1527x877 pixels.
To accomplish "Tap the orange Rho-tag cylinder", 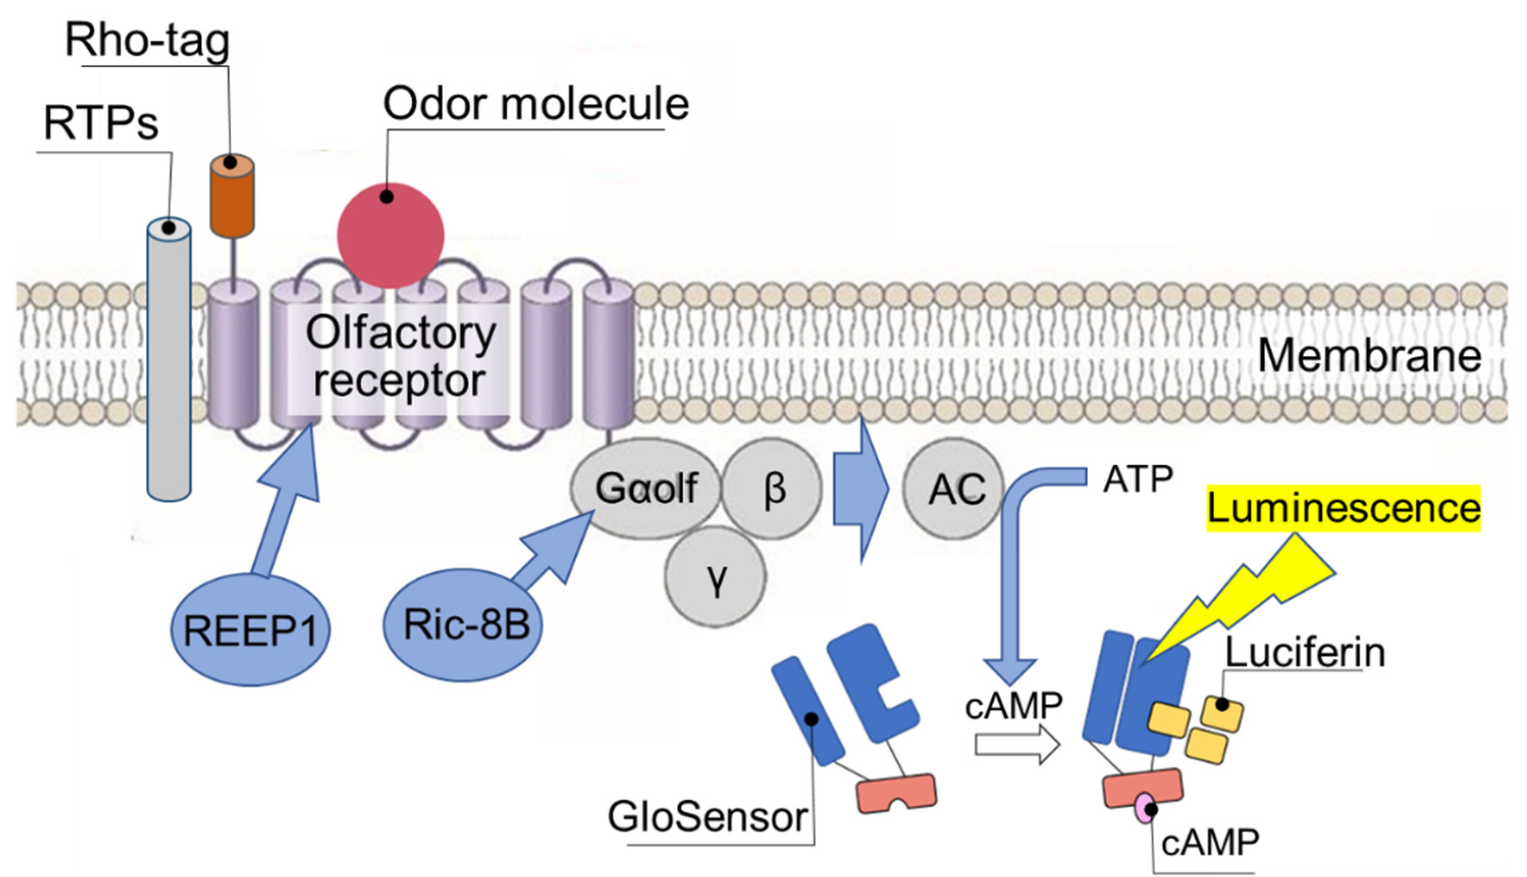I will (x=232, y=199).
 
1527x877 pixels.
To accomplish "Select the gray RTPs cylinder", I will (x=169, y=361).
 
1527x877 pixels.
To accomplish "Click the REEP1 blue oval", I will (x=250, y=630).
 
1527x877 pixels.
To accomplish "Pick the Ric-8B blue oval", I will (x=463, y=625).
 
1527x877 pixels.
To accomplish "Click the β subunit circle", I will (x=772, y=488).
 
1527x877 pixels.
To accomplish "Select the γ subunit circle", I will (x=715, y=576).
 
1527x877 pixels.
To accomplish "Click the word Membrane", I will (x=1370, y=355).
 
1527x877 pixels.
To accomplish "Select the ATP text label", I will (x=1138, y=480).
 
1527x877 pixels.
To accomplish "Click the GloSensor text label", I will (x=708, y=817).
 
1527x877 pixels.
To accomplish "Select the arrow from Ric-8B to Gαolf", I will (x=551, y=551).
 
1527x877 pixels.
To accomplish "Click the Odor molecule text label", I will (x=536, y=104).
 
